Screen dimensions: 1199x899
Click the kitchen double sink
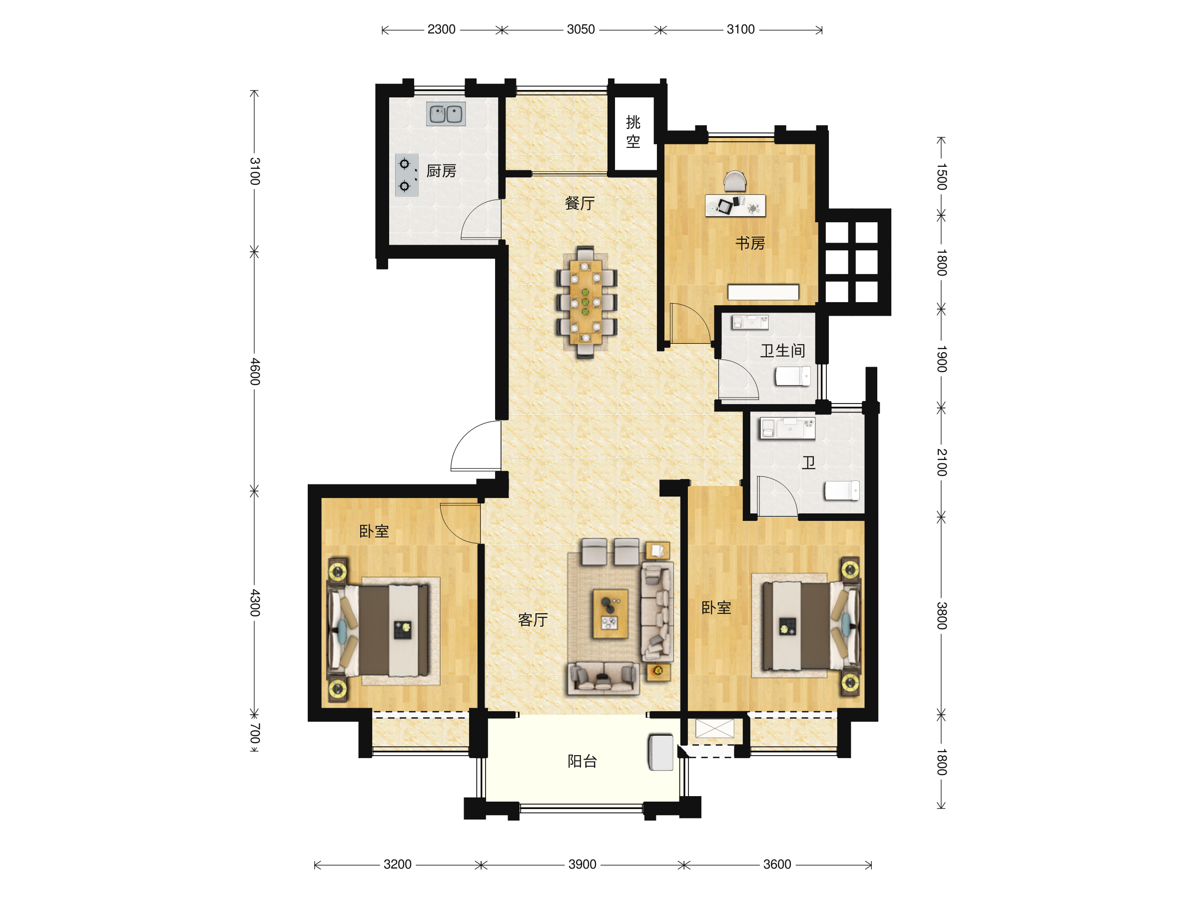446,114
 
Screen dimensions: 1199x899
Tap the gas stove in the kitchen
407,175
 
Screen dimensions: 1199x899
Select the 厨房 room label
441,171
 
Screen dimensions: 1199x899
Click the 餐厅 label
580,203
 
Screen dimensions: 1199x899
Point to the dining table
586,302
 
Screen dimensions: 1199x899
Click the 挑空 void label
632,132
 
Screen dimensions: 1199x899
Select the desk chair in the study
735,181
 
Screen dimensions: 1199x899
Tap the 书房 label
750,243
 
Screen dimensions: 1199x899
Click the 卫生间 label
782,351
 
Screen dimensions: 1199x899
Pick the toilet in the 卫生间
792,376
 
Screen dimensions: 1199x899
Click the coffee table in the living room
610,614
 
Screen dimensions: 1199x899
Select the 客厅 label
533,619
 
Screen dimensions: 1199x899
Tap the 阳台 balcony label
582,761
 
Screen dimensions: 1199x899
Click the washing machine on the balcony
661,752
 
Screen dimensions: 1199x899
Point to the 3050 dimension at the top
581,29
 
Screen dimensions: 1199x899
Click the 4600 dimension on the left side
255,372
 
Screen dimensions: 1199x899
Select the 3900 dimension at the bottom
582,865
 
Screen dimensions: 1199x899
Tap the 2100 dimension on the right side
942,462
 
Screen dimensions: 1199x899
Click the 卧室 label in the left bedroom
374,531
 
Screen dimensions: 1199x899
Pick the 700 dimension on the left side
255,733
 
